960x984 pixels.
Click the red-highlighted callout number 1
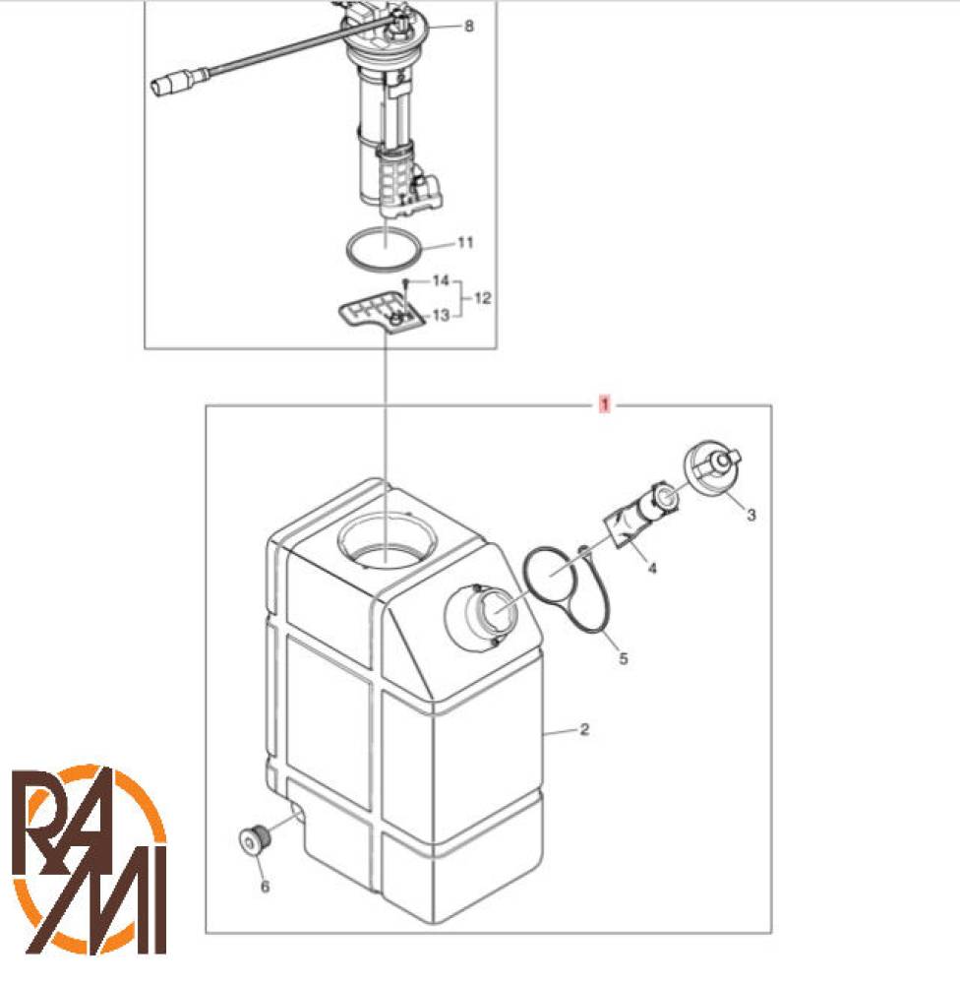[x=605, y=404]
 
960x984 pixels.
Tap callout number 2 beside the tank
[x=584, y=729]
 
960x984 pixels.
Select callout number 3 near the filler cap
[x=751, y=515]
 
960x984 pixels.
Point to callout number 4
[x=652, y=568]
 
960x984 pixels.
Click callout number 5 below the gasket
[x=623, y=658]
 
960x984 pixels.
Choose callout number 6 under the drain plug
[x=265, y=887]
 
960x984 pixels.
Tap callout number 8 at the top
[x=469, y=26]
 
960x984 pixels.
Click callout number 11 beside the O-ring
[x=465, y=242]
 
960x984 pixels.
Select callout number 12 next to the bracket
[x=482, y=298]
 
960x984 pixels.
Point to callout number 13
[x=441, y=315]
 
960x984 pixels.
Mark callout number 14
[x=441, y=279]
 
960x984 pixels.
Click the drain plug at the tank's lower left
[x=256, y=839]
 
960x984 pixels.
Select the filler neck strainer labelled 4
[x=641, y=514]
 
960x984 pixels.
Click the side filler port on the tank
[x=481, y=618]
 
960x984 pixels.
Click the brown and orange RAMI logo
[x=90, y=858]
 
